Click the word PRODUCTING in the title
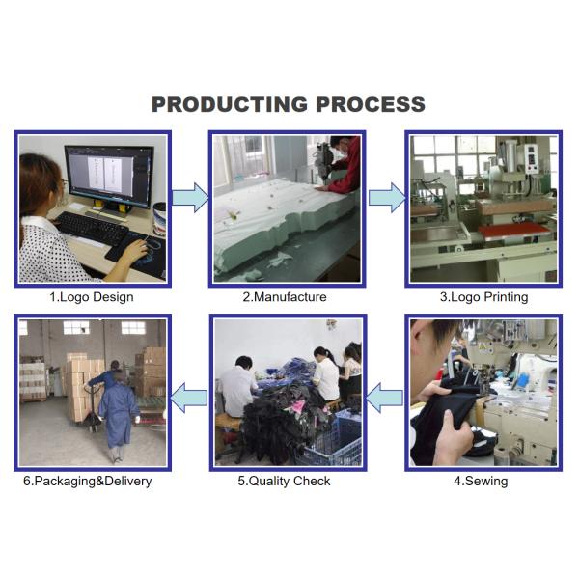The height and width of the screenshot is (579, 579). coord(230,104)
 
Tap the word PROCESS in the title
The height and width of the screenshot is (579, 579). coord(371,104)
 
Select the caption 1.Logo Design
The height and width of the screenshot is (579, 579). coord(92,297)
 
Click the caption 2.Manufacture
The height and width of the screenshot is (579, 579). coord(285,297)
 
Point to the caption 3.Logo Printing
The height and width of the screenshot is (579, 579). coord(483,297)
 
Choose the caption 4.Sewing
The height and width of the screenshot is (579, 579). coord(481,482)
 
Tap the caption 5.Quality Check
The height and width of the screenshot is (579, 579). coord(284,482)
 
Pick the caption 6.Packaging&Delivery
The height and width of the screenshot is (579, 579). coord(88,482)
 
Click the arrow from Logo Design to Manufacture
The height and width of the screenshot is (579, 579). coord(190,198)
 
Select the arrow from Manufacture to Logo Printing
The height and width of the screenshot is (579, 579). coord(387,198)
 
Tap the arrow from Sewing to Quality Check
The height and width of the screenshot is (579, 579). coord(384,398)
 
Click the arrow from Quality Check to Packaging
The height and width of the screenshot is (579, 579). coord(189,398)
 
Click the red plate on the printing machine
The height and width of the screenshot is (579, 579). coord(515,231)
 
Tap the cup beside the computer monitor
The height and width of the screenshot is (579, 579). coord(159,218)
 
